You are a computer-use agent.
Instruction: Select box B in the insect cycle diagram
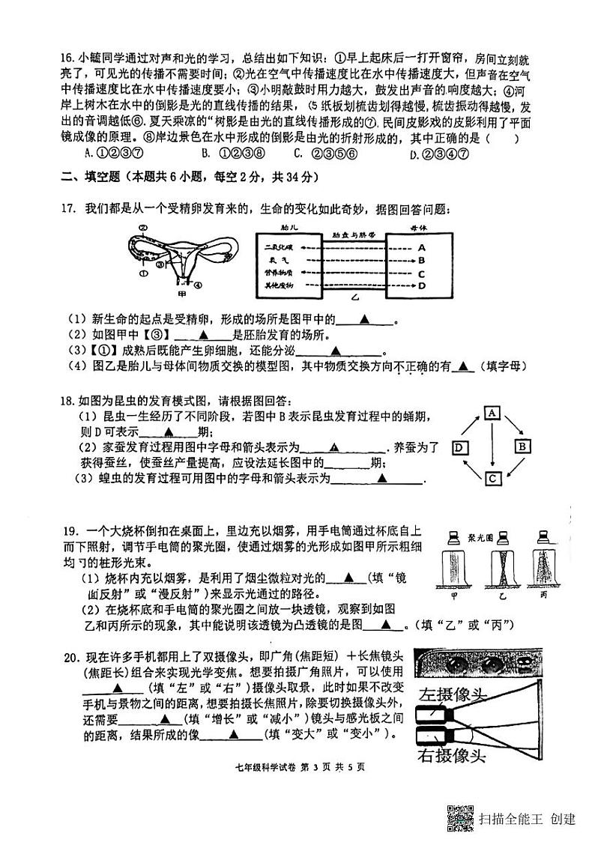[522, 446]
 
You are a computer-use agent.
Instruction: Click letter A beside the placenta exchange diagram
[422, 247]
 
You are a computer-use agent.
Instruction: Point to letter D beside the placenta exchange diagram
[422, 285]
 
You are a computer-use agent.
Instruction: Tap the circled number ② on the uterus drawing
[142, 227]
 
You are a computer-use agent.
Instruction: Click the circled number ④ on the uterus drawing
[197, 285]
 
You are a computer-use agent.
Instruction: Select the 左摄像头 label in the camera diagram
[453, 693]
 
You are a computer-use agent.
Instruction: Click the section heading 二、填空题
[86, 177]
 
